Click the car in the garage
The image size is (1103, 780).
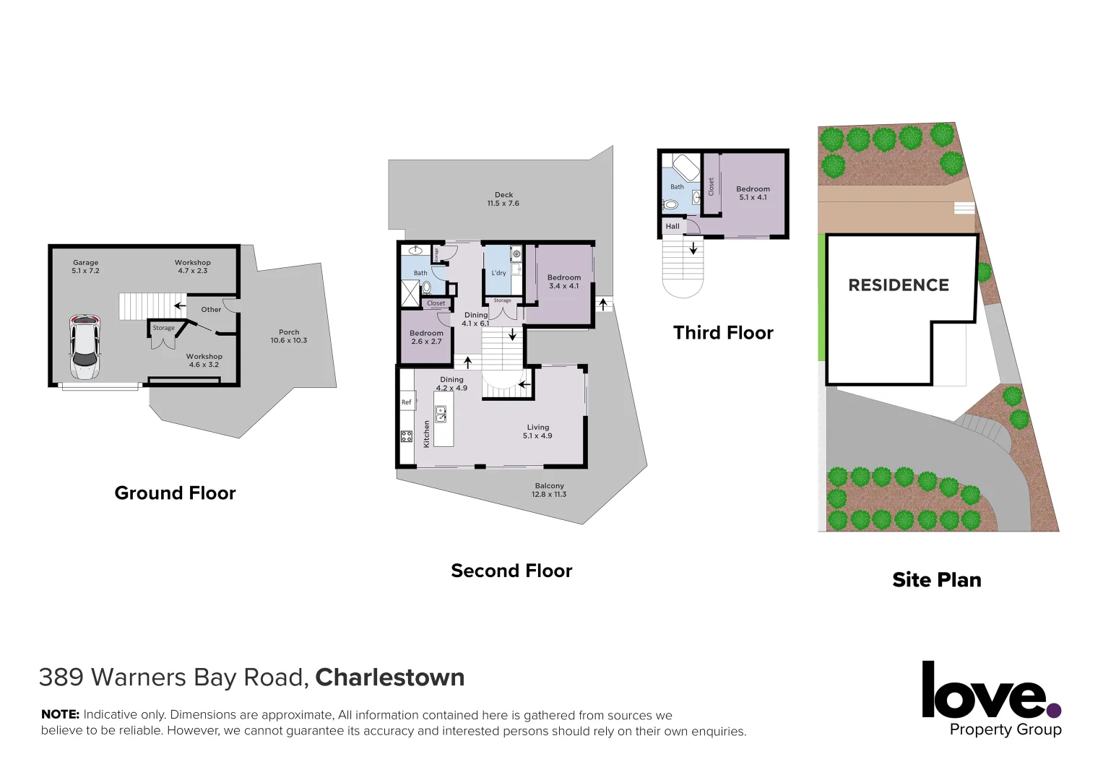click(x=85, y=347)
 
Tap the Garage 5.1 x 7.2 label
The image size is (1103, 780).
click(x=85, y=266)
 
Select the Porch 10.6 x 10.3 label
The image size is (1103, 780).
click(x=289, y=337)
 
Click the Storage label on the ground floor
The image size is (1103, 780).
click(x=163, y=328)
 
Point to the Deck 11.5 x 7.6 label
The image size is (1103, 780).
click(x=503, y=199)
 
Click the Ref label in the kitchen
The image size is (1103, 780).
click(x=406, y=402)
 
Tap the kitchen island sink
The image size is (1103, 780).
click(x=441, y=414)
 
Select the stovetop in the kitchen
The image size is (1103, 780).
click(x=407, y=435)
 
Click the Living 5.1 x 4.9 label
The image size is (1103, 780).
click(x=537, y=431)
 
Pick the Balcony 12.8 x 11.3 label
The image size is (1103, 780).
click(x=549, y=490)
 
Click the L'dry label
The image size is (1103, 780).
click(x=498, y=273)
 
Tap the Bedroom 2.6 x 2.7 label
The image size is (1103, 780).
click(x=426, y=337)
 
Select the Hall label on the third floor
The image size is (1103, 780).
click(x=672, y=226)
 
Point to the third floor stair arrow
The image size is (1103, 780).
click(x=693, y=248)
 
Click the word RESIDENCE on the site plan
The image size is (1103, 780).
click(x=899, y=285)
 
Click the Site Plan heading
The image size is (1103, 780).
click(x=936, y=580)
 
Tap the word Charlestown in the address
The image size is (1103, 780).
click(x=389, y=677)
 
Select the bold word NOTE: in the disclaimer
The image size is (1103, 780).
click(x=60, y=714)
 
